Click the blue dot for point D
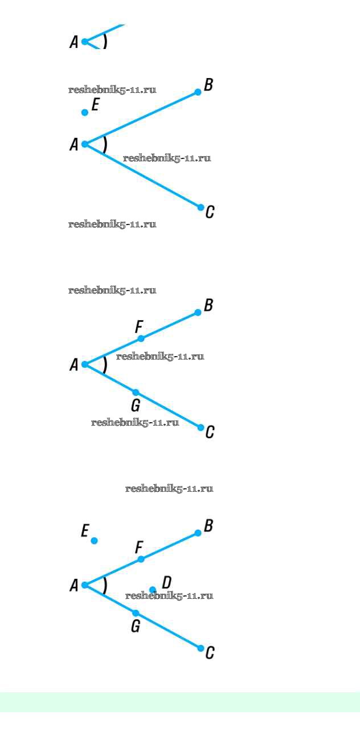click(x=153, y=589)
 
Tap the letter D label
click(x=167, y=582)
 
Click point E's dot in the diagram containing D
click(x=94, y=541)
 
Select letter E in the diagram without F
click(x=95, y=105)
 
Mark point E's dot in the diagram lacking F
click(x=84, y=113)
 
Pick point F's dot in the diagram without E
click(x=141, y=338)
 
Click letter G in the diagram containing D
click(x=136, y=626)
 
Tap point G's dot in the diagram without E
click(x=136, y=392)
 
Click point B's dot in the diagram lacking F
click(x=198, y=92)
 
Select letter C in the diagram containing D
click(x=210, y=653)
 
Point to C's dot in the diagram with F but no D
click(x=201, y=427)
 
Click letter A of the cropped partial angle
click(x=74, y=42)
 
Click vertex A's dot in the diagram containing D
click(x=84, y=585)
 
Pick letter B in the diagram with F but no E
click(x=208, y=305)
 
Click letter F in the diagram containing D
click(x=140, y=548)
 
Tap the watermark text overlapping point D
click(x=169, y=596)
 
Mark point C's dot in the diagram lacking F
click(x=201, y=207)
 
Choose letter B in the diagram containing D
click(x=208, y=526)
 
